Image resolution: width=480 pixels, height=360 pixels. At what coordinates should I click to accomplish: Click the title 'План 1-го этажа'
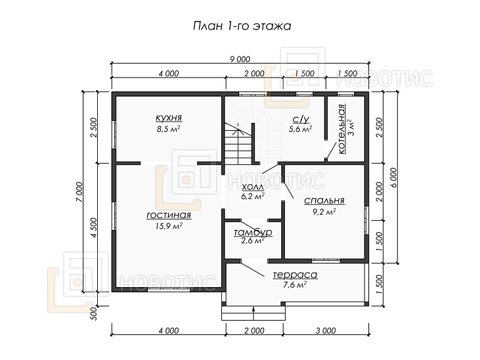(242, 26)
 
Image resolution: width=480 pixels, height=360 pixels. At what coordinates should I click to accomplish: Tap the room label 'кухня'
(169, 118)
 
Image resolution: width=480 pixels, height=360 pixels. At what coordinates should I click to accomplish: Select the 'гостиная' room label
(169, 215)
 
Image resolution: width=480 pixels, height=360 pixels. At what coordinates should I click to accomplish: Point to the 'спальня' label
(324, 201)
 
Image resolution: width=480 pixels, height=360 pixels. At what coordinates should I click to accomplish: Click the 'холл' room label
(253, 187)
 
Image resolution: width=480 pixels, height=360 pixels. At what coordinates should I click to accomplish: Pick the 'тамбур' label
(253, 233)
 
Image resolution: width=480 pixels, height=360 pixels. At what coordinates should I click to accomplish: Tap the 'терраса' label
(295, 275)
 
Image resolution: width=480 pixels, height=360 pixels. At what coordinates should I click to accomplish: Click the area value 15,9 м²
(169, 226)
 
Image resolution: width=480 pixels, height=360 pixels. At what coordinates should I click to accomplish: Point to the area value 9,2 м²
(324, 212)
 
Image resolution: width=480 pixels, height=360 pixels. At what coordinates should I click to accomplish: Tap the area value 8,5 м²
(168, 129)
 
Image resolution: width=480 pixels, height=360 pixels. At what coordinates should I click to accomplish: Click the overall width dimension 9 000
(240, 59)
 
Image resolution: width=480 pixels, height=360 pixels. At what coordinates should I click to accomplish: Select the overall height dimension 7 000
(79, 192)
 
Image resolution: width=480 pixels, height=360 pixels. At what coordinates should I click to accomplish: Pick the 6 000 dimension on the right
(394, 177)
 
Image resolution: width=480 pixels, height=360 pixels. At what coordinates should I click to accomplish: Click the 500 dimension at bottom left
(94, 313)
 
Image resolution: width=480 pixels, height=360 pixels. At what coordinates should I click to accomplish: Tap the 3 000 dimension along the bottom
(326, 330)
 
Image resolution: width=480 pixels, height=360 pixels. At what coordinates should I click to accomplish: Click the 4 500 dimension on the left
(94, 227)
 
